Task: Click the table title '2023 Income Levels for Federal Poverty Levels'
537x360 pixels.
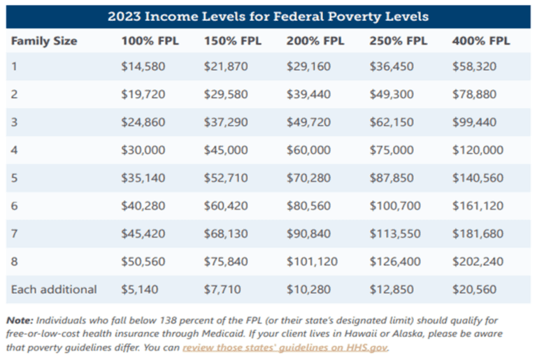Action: pyautogui.click(x=268, y=15)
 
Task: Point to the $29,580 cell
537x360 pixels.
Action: pyautogui.click(x=226, y=94)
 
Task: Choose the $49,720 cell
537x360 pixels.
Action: pyautogui.click(x=308, y=122)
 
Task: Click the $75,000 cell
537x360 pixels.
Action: pyautogui.click(x=392, y=150)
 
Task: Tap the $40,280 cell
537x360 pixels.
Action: pyautogui.click(x=143, y=206)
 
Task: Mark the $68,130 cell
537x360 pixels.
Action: pyautogui.click(x=226, y=233)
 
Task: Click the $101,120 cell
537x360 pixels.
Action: pyautogui.click(x=312, y=261)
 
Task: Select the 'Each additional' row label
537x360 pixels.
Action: pyautogui.click(x=54, y=289)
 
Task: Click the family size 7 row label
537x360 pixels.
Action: pyautogui.click(x=15, y=233)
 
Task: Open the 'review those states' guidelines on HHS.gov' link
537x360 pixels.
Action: pyautogui.click(x=285, y=347)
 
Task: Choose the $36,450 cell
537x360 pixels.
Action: pyautogui.click(x=392, y=67)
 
